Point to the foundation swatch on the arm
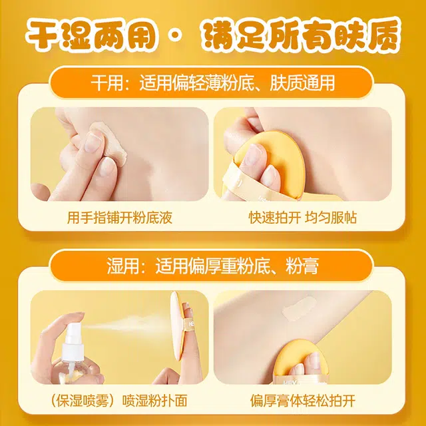point(299,308)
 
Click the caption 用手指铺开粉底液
point(120,218)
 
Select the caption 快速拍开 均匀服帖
point(302,218)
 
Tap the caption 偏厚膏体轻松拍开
point(303,401)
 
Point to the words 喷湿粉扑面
point(155,401)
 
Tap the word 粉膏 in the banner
point(302,266)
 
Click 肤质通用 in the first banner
point(302,83)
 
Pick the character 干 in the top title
point(43,35)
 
